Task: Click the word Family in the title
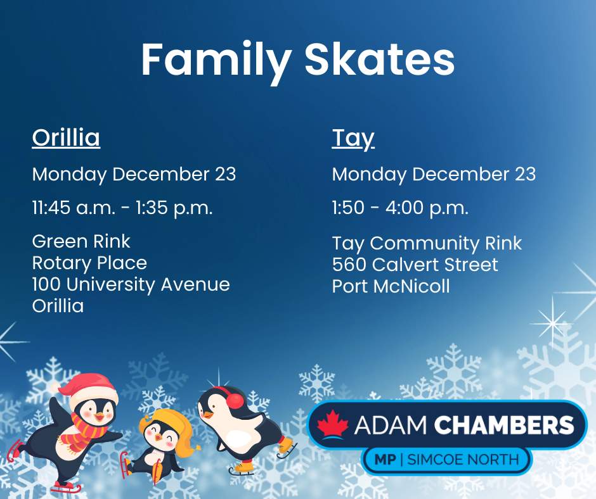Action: coord(216,61)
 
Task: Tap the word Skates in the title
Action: coord(379,60)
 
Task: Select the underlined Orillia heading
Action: coord(66,137)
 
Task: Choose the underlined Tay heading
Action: coord(353,139)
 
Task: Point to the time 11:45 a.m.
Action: coord(74,208)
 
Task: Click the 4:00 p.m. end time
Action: coord(427,208)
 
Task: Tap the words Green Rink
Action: coord(81,241)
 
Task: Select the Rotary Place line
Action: coord(89,263)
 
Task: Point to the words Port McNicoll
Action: coord(391,286)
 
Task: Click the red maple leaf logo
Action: coord(333,424)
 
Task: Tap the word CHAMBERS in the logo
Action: coord(504,425)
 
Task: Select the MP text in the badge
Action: coord(385,460)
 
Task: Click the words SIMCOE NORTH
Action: coord(463,460)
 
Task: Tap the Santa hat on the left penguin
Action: coord(87,390)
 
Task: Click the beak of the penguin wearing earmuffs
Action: coord(207,414)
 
